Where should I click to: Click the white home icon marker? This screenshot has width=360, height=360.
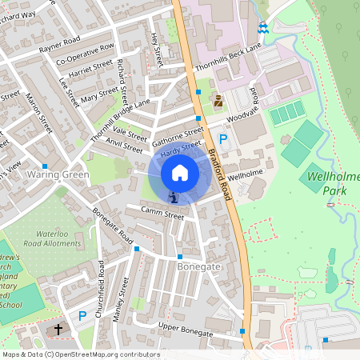[x=180, y=172]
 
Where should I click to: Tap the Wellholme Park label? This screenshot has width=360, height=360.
[x=330, y=183]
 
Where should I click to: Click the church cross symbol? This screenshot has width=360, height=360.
[x=58, y=329]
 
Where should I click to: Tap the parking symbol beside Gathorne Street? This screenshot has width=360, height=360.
[x=223, y=138]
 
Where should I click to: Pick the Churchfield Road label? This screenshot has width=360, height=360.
[x=99, y=290]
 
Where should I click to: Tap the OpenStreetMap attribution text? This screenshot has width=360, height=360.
[x=80, y=354]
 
